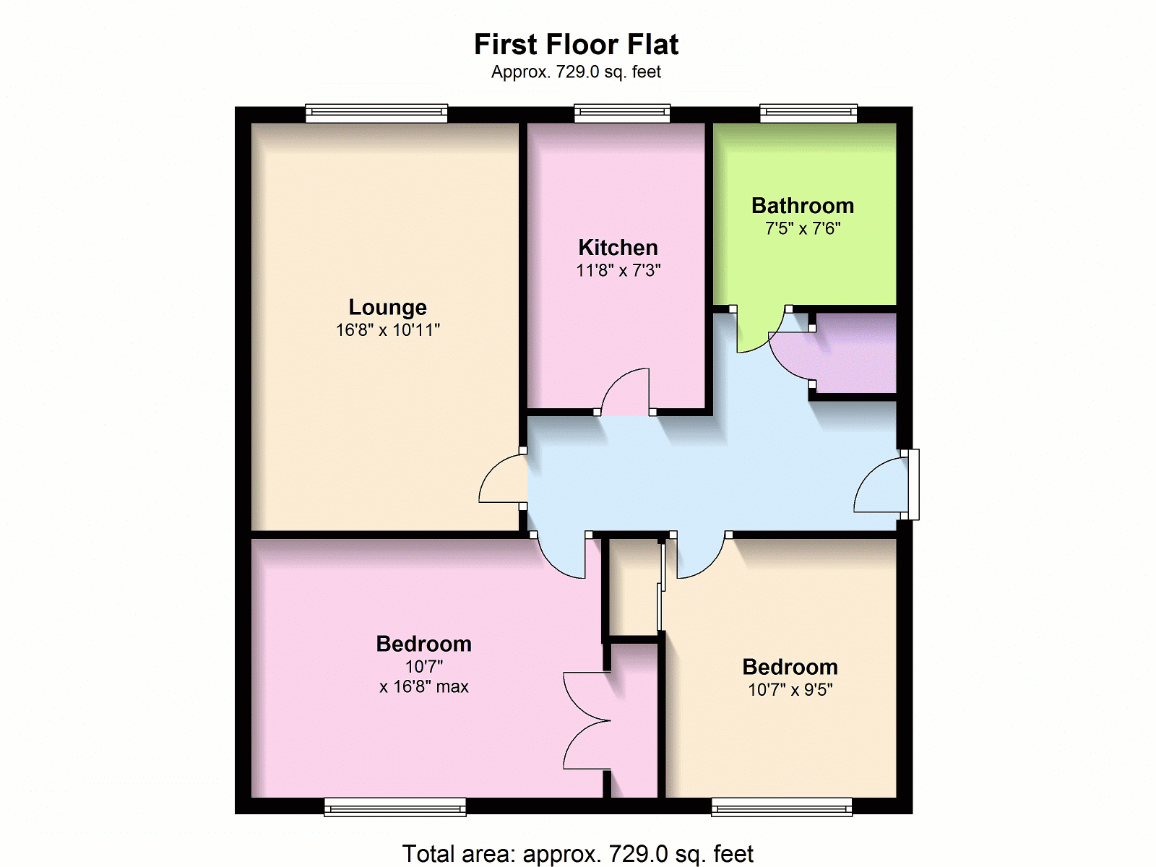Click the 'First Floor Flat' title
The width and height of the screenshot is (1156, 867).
576,44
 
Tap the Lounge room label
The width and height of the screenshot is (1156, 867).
387,307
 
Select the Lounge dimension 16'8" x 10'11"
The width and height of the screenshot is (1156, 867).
387,330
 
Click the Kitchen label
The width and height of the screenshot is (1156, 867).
618,247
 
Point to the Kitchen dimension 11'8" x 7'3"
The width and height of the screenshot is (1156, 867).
618,270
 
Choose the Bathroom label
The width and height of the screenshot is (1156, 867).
803,206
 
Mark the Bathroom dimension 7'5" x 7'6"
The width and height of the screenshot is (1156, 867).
803,228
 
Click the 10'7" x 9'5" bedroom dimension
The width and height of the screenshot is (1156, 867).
790,689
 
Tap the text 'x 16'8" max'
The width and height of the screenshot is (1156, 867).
424,686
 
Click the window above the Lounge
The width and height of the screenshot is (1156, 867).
376,113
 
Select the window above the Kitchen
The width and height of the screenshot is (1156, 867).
622,113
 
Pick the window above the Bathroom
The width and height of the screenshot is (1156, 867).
808,113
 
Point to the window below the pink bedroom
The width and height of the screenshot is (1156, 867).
395,807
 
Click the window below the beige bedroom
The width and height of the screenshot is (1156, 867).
782,807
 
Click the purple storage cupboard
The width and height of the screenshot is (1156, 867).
853,353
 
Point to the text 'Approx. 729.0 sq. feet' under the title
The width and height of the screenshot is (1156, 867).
576,72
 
